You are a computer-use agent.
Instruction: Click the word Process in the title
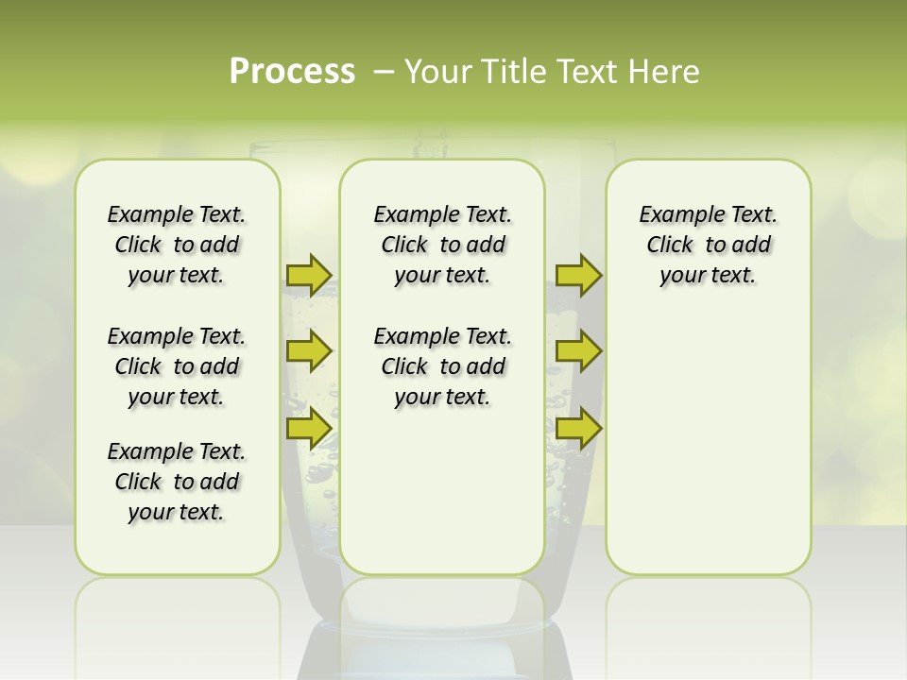pyautogui.click(x=292, y=72)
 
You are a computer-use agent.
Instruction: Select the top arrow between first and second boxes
pyautogui.click(x=309, y=275)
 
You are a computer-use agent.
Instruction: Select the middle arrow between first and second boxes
pyautogui.click(x=309, y=351)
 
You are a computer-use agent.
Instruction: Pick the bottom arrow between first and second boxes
pyautogui.click(x=309, y=428)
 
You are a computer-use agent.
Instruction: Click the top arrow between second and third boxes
pyautogui.click(x=578, y=275)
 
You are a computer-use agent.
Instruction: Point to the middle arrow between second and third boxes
pyautogui.click(x=578, y=351)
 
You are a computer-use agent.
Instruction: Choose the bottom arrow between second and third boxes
pyautogui.click(x=578, y=428)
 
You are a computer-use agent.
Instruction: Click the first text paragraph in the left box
pyautogui.click(x=177, y=245)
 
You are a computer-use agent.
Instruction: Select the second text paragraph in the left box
pyautogui.click(x=177, y=366)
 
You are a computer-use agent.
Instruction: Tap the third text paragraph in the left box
pyautogui.click(x=177, y=482)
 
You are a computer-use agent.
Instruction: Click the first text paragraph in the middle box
pyautogui.click(x=442, y=245)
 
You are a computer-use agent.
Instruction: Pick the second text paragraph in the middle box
pyautogui.click(x=442, y=366)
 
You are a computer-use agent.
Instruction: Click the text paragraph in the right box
pyautogui.click(x=708, y=245)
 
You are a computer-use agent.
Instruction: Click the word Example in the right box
pyautogui.click(x=673, y=214)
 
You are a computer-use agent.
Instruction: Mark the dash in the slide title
pyautogui.click(x=384, y=72)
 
